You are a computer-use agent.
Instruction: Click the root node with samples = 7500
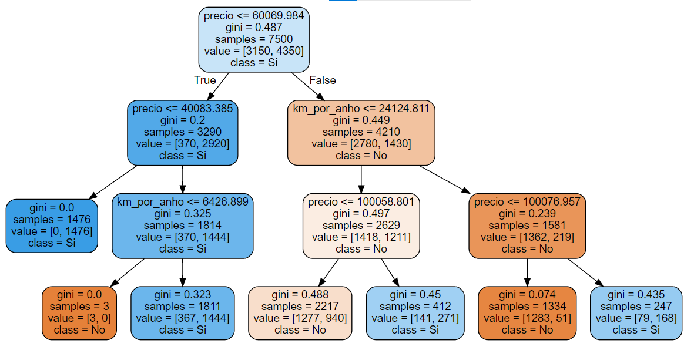pos(254,39)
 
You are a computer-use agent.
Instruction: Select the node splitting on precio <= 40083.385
pos(183,132)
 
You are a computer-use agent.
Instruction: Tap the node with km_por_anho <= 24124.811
pos(361,132)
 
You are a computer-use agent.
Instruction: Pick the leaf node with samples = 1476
pos(52,226)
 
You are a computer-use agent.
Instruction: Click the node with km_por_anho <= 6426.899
pos(183,226)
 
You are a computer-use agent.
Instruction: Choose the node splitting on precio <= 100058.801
pos(361,226)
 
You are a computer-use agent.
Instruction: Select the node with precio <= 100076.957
pos(527,226)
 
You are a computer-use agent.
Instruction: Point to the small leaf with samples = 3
pos(79,312)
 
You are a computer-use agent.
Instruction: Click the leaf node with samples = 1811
pos(183,312)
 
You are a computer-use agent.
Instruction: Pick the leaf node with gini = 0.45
pos(415,312)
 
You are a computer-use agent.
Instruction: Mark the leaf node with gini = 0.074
pos(527,312)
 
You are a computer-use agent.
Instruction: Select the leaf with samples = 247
pos(636,312)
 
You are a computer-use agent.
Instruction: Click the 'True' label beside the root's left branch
pos(205,80)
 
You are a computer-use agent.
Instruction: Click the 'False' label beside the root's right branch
pos(323,80)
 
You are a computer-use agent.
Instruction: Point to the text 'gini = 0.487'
pos(254,27)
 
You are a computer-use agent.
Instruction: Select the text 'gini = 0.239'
pos(527,213)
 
